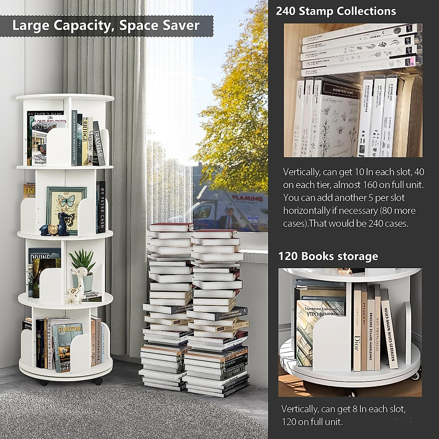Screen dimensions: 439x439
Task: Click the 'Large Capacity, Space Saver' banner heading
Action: (x=106, y=25)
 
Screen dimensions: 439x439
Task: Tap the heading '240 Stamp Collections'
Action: (x=335, y=11)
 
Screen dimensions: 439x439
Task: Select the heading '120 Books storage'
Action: (x=328, y=256)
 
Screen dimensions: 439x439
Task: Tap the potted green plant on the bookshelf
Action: (x=82, y=262)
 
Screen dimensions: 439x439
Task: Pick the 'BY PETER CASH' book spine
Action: (x=102, y=207)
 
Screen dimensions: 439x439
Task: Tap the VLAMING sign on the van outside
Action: (x=247, y=198)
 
